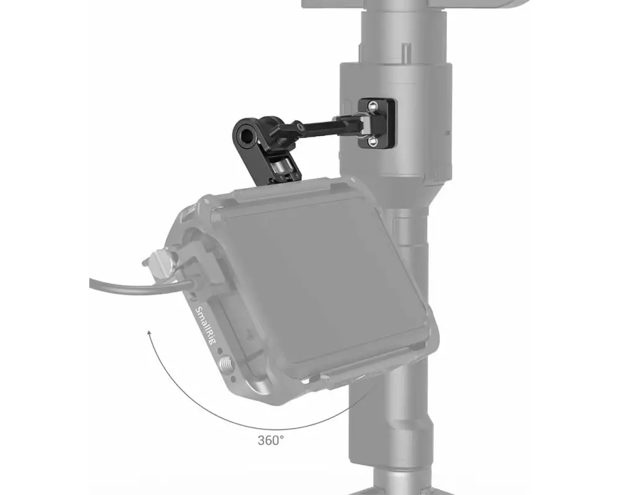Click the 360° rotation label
(271, 440)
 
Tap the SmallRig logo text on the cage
(206, 325)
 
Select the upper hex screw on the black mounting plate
(373, 105)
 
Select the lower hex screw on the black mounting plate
(372, 140)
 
